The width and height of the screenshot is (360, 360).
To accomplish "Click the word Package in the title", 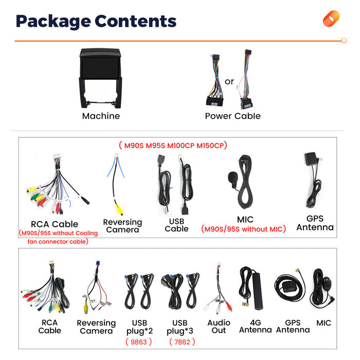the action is pyautogui.click(x=53, y=22).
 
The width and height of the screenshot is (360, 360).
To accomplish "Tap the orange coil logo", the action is pyautogui.click(x=331, y=19).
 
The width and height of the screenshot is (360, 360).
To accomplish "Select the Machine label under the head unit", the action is pyautogui.click(x=101, y=116).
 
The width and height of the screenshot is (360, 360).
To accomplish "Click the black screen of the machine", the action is pyautogui.click(x=100, y=68).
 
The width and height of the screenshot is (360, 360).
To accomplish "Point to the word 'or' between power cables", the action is pyautogui.click(x=229, y=81).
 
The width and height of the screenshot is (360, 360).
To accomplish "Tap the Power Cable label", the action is pyautogui.click(x=233, y=116).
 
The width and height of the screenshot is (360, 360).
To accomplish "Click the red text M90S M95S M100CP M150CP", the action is pyautogui.click(x=173, y=146).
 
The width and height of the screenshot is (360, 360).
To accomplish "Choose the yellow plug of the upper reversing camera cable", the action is pyautogui.click(x=119, y=209).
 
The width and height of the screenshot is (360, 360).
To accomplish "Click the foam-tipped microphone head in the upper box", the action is pyautogui.click(x=232, y=177).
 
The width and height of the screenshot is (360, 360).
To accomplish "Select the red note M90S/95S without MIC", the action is pyautogui.click(x=243, y=229).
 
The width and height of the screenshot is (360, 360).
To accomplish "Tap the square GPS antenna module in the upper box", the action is pyautogui.click(x=311, y=159).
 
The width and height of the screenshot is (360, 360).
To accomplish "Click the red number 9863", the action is pyautogui.click(x=139, y=342).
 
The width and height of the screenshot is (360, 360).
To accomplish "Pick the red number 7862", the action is pyautogui.click(x=182, y=342).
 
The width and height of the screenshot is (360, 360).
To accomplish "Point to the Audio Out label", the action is pyautogui.click(x=219, y=327).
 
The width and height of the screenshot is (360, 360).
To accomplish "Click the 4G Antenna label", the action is pyautogui.click(x=255, y=326).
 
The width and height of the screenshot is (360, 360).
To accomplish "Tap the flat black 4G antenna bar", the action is pyautogui.click(x=257, y=291).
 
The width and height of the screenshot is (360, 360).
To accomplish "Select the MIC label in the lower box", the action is pyautogui.click(x=323, y=323).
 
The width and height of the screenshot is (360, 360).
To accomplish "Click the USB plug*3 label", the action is pyautogui.click(x=180, y=327).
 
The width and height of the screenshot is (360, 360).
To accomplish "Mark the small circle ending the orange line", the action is pyautogui.click(x=344, y=41).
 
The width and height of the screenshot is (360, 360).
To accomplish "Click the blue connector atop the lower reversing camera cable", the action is pyautogui.click(x=98, y=263).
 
